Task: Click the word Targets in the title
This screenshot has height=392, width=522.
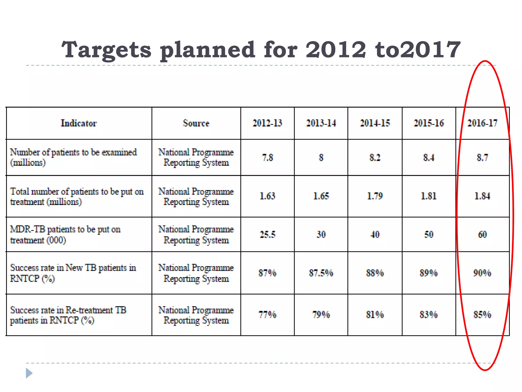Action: coord(107,50)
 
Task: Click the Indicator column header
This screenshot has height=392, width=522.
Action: coord(79,123)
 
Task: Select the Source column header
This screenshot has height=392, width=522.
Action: coord(196,123)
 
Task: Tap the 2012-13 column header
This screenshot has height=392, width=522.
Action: coord(267,123)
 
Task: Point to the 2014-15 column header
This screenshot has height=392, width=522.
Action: coord(375,123)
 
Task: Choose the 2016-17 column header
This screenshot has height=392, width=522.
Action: coord(482,123)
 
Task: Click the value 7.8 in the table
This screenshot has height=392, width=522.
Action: coord(267,157)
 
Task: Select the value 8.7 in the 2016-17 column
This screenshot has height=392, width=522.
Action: coord(482,157)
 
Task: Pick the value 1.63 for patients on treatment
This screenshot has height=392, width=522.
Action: coord(267,196)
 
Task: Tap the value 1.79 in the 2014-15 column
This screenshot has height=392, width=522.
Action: coord(375,196)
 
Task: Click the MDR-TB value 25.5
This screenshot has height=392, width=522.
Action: coord(267,235)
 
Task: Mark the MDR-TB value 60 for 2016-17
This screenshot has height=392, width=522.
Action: coord(482,235)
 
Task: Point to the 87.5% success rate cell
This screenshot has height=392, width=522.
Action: coord(321,273)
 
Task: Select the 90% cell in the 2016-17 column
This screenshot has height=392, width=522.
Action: coord(482,273)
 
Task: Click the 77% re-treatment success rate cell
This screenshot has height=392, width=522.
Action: coord(267,315)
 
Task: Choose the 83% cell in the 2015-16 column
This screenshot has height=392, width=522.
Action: coord(429,315)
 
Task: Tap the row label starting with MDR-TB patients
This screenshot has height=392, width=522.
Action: coord(65,235)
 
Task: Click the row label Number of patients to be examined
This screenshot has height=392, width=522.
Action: coord(73,157)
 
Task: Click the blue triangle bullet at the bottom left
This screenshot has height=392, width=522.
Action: coord(29,373)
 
